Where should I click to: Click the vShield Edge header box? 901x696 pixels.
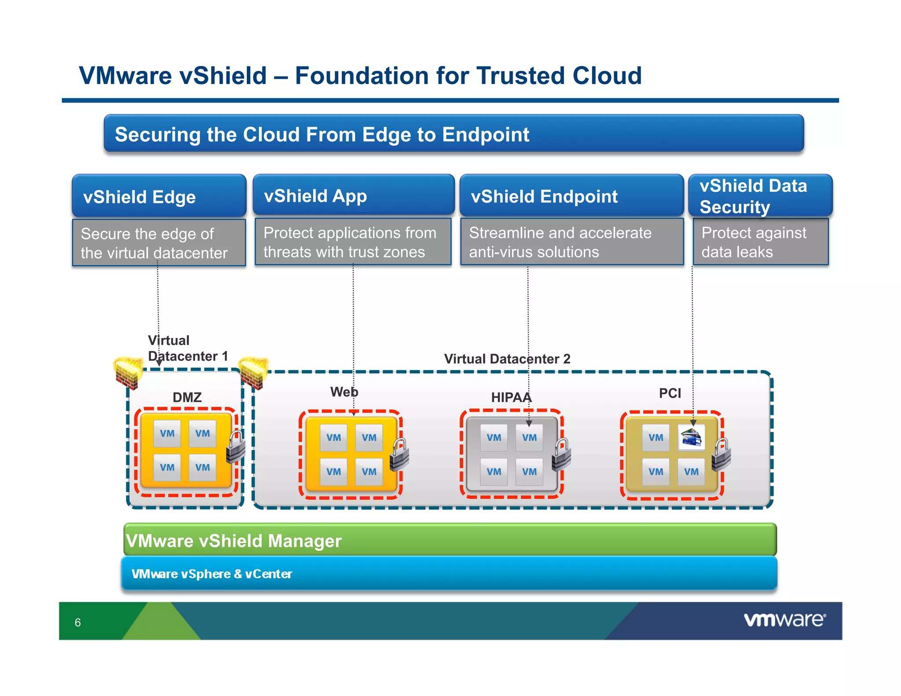(x=159, y=196)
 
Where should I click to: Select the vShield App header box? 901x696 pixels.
(x=353, y=195)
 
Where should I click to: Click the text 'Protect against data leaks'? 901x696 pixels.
(x=754, y=242)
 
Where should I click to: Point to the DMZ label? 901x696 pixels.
(x=187, y=397)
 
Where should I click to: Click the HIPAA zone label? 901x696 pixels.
(x=511, y=397)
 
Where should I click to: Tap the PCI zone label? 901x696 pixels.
(x=670, y=393)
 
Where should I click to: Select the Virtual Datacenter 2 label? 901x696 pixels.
(x=507, y=359)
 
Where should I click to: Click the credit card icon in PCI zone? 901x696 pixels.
(x=691, y=437)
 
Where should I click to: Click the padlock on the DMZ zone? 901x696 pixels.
(x=236, y=447)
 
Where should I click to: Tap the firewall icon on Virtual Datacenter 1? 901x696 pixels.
(x=128, y=373)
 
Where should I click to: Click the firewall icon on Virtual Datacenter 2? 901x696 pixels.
(x=254, y=373)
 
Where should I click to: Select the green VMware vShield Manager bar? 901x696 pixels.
(x=450, y=540)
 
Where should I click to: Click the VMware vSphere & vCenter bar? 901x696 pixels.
(x=449, y=573)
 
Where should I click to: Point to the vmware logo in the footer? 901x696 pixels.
(x=784, y=620)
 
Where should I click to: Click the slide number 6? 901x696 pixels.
(x=78, y=623)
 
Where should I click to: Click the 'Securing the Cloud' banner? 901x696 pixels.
(x=453, y=134)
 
